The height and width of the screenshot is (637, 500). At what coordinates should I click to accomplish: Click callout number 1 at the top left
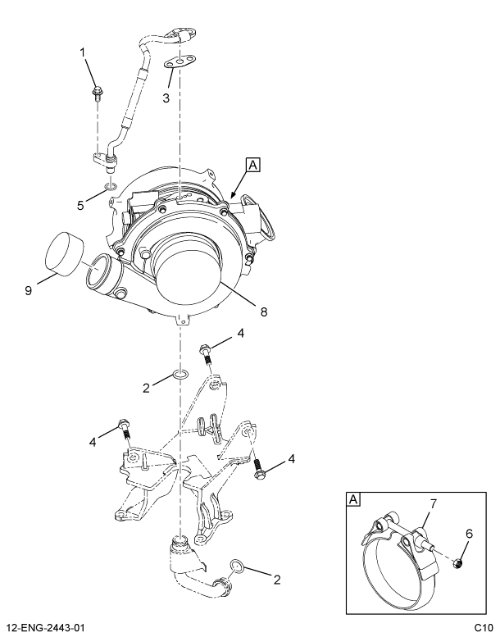(x=82, y=53)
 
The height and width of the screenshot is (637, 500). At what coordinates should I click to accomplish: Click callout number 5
(x=81, y=206)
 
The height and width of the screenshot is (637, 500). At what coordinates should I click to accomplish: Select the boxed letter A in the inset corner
(x=353, y=499)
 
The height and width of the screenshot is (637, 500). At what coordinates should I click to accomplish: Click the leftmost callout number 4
(x=93, y=442)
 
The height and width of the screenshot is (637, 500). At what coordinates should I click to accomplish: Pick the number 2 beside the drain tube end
(x=276, y=580)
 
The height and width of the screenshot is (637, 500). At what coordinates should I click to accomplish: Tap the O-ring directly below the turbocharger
(x=180, y=376)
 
